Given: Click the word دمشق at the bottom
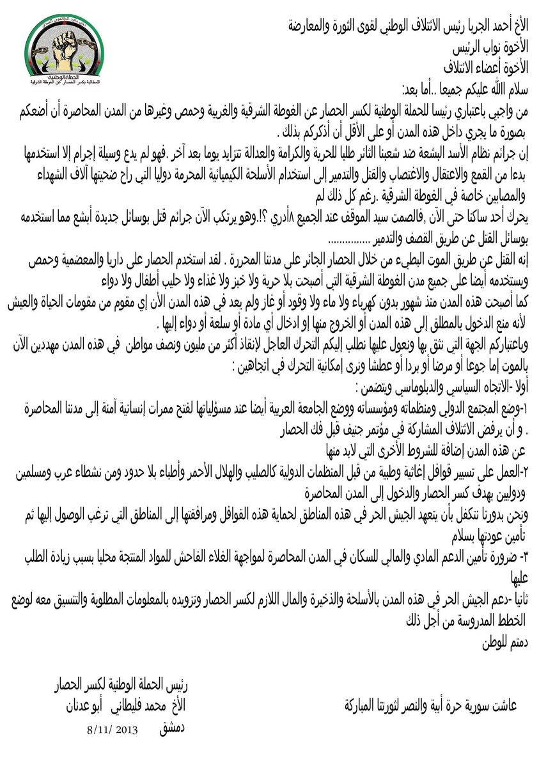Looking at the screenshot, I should click(173, 728).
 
